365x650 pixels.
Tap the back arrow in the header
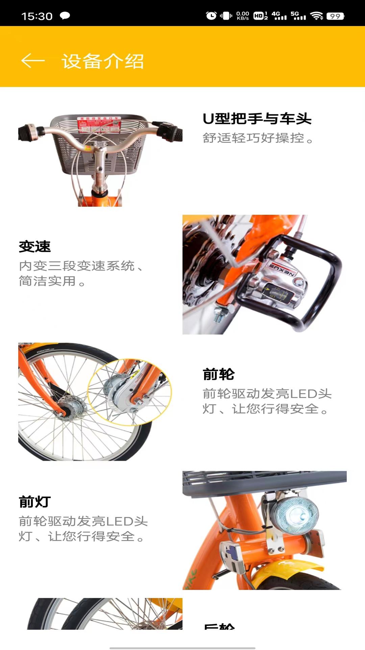33,61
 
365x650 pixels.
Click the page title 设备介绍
103,61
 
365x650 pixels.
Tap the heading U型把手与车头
257,119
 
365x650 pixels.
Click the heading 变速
35,246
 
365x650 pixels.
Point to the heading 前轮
219,374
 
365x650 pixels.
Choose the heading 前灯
35,502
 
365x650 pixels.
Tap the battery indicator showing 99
335,16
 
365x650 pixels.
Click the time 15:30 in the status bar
37,16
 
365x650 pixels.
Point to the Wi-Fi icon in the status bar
317,16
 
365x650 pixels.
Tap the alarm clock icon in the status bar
211,16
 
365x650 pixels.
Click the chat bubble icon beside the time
65,16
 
